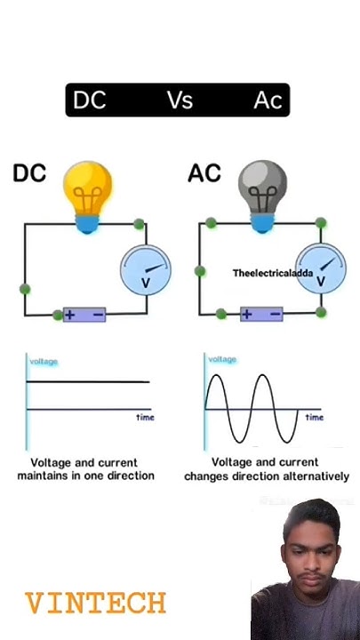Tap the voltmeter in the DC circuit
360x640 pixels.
click(145, 269)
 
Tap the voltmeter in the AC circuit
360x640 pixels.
click(320, 269)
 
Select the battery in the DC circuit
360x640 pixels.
click(84, 315)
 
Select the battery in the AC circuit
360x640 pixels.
click(261, 314)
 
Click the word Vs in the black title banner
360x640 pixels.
click(180, 100)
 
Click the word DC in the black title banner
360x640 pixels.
click(89, 100)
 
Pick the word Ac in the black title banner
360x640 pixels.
click(267, 100)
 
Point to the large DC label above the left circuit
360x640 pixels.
click(29, 173)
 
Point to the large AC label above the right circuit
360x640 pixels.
click(204, 173)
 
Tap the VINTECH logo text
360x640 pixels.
click(95, 604)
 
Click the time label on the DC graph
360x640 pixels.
click(144, 417)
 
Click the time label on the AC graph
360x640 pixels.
click(314, 417)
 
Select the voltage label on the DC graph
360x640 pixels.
click(44, 362)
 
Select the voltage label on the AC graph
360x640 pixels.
click(222, 359)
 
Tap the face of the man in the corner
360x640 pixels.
click(310, 556)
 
